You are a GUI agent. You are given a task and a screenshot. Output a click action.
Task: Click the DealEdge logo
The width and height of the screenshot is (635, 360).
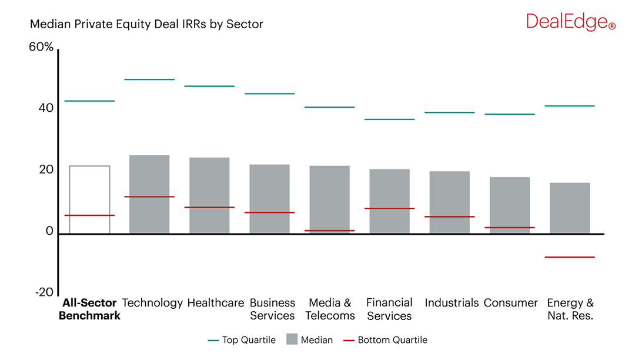point(570,22)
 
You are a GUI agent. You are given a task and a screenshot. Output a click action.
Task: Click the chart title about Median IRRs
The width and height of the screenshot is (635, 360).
point(146,25)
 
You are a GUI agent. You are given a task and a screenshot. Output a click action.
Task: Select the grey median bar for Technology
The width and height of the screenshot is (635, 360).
point(149,194)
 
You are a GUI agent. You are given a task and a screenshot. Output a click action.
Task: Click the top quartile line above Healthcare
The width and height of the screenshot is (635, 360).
point(209,86)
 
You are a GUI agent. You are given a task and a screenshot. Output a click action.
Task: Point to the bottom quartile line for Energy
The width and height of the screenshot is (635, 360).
point(570,257)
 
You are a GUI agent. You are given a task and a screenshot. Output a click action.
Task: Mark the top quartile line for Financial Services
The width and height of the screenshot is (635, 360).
point(389,119)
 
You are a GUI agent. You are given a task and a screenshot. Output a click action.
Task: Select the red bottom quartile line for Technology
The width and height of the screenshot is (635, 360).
point(149,196)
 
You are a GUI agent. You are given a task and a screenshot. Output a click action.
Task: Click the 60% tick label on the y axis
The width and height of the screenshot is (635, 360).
point(41,47)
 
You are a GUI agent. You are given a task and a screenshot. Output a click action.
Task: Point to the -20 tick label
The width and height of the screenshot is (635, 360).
point(44,293)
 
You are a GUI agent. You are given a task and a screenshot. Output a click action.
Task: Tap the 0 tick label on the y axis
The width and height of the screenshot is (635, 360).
point(49,232)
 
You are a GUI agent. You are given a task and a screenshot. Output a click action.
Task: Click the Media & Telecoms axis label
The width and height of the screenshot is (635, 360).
point(330,309)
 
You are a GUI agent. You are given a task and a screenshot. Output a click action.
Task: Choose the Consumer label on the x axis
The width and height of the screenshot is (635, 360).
point(510,303)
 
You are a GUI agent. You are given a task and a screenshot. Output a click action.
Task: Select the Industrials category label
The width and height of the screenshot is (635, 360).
point(451,303)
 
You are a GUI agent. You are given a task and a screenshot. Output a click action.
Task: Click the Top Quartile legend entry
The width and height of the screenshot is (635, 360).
point(242,340)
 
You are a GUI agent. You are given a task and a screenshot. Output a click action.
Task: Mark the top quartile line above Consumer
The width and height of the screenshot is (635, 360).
point(510,114)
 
